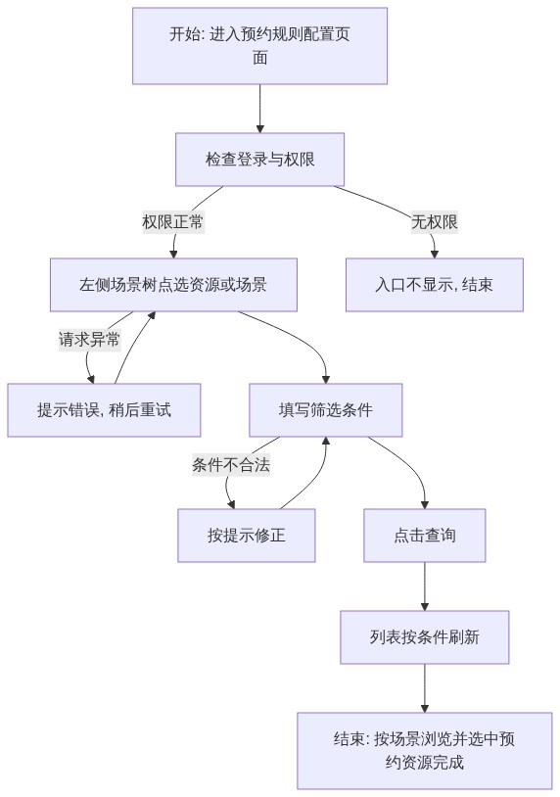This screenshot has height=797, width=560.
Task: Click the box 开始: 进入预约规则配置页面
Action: pyautogui.click(x=259, y=46)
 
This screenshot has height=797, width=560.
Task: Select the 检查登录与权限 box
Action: pyautogui.click(x=259, y=160)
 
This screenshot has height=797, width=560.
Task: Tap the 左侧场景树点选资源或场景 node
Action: pyautogui.click(x=173, y=285)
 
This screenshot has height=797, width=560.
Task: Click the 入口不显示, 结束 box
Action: pyautogui.click(x=435, y=285)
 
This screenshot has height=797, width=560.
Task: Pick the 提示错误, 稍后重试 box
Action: pyautogui.click(x=104, y=410)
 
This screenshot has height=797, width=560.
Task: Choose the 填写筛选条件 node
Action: pyautogui.click(x=326, y=410)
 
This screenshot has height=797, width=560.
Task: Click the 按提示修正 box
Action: pyautogui.click(x=247, y=536)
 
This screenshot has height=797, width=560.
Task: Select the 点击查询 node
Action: pyautogui.click(x=425, y=536)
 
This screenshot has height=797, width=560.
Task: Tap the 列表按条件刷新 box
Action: pyautogui.click(x=425, y=636)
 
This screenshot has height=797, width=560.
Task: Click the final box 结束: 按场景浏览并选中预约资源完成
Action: pyautogui.click(x=425, y=751)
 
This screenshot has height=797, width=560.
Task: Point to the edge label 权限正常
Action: pyautogui.click(x=173, y=222)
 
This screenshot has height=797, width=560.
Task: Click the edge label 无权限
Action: pyautogui.click(x=435, y=222)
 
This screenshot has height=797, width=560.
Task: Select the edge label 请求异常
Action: pyautogui.click(x=89, y=340)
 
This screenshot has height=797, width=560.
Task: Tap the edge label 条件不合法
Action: pyautogui.click(x=231, y=464)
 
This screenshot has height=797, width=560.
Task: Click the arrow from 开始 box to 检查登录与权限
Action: pyautogui.click(x=260, y=109)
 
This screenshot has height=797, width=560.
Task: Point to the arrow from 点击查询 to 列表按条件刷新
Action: pyautogui.click(x=425, y=586)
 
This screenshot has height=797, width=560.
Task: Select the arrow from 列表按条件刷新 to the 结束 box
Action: pyautogui.click(x=425, y=688)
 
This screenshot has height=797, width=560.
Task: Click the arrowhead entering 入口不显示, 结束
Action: pyautogui.click(x=435, y=255)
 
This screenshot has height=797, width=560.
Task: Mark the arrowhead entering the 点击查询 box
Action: pyautogui.click(x=425, y=504)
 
